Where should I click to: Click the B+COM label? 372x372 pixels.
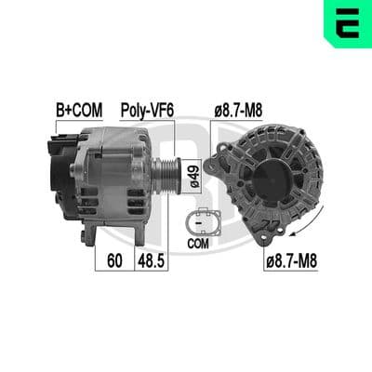[x=79, y=111]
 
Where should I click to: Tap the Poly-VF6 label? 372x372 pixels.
[x=147, y=111]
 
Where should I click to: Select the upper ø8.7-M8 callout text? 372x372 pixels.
[x=238, y=111]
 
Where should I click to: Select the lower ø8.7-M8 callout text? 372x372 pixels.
[x=291, y=261]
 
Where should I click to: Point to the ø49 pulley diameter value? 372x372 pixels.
[x=194, y=176]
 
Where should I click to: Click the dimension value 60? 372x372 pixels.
[x=114, y=260]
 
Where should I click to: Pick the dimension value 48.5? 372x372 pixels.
[x=151, y=260]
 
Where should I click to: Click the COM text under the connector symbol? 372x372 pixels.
[x=198, y=244]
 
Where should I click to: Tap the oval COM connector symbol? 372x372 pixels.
[x=203, y=222]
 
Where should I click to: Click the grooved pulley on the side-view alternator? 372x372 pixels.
[x=166, y=176]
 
